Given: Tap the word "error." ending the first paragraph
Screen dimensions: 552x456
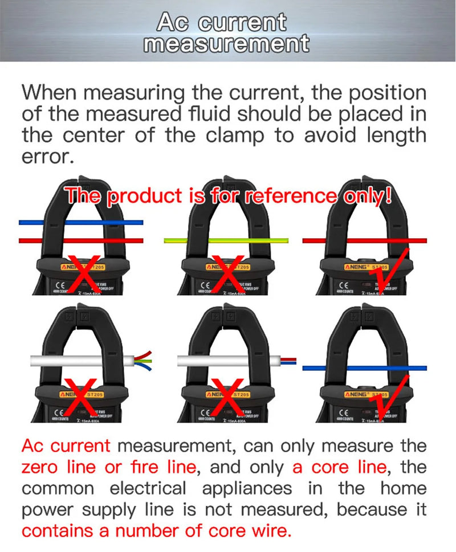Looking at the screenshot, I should pyautogui.click(x=48, y=157).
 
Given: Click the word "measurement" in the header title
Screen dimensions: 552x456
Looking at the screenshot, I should pyautogui.click(x=226, y=44).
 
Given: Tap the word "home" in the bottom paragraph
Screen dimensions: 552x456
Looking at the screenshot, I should pyautogui.click(x=405, y=489).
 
